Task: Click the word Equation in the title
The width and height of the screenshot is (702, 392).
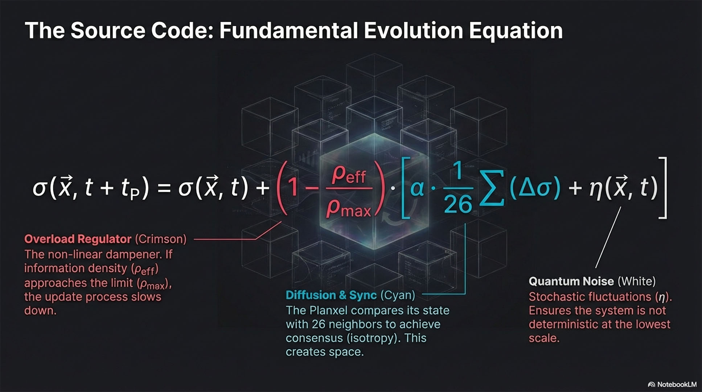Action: (x=516, y=31)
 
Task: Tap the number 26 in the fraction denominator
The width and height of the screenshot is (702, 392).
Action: (x=458, y=204)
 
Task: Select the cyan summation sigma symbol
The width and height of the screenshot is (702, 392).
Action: (x=492, y=188)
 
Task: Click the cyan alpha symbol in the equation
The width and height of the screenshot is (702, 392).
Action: (x=417, y=188)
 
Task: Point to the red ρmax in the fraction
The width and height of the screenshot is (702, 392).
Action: (x=349, y=208)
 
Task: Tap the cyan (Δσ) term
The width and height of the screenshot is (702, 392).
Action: (x=535, y=188)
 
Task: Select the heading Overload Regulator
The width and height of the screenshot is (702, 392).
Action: (x=78, y=239)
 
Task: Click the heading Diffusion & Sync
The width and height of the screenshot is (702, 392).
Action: (x=331, y=295)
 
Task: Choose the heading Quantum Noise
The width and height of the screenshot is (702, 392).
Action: (x=571, y=281)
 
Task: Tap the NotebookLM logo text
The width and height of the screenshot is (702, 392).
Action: (x=677, y=384)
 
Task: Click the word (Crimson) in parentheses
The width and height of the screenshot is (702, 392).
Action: (x=161, y=239)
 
